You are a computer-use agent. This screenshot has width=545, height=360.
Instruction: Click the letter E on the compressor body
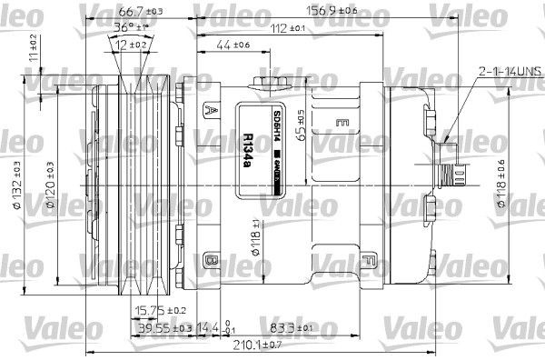click(342, 121)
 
